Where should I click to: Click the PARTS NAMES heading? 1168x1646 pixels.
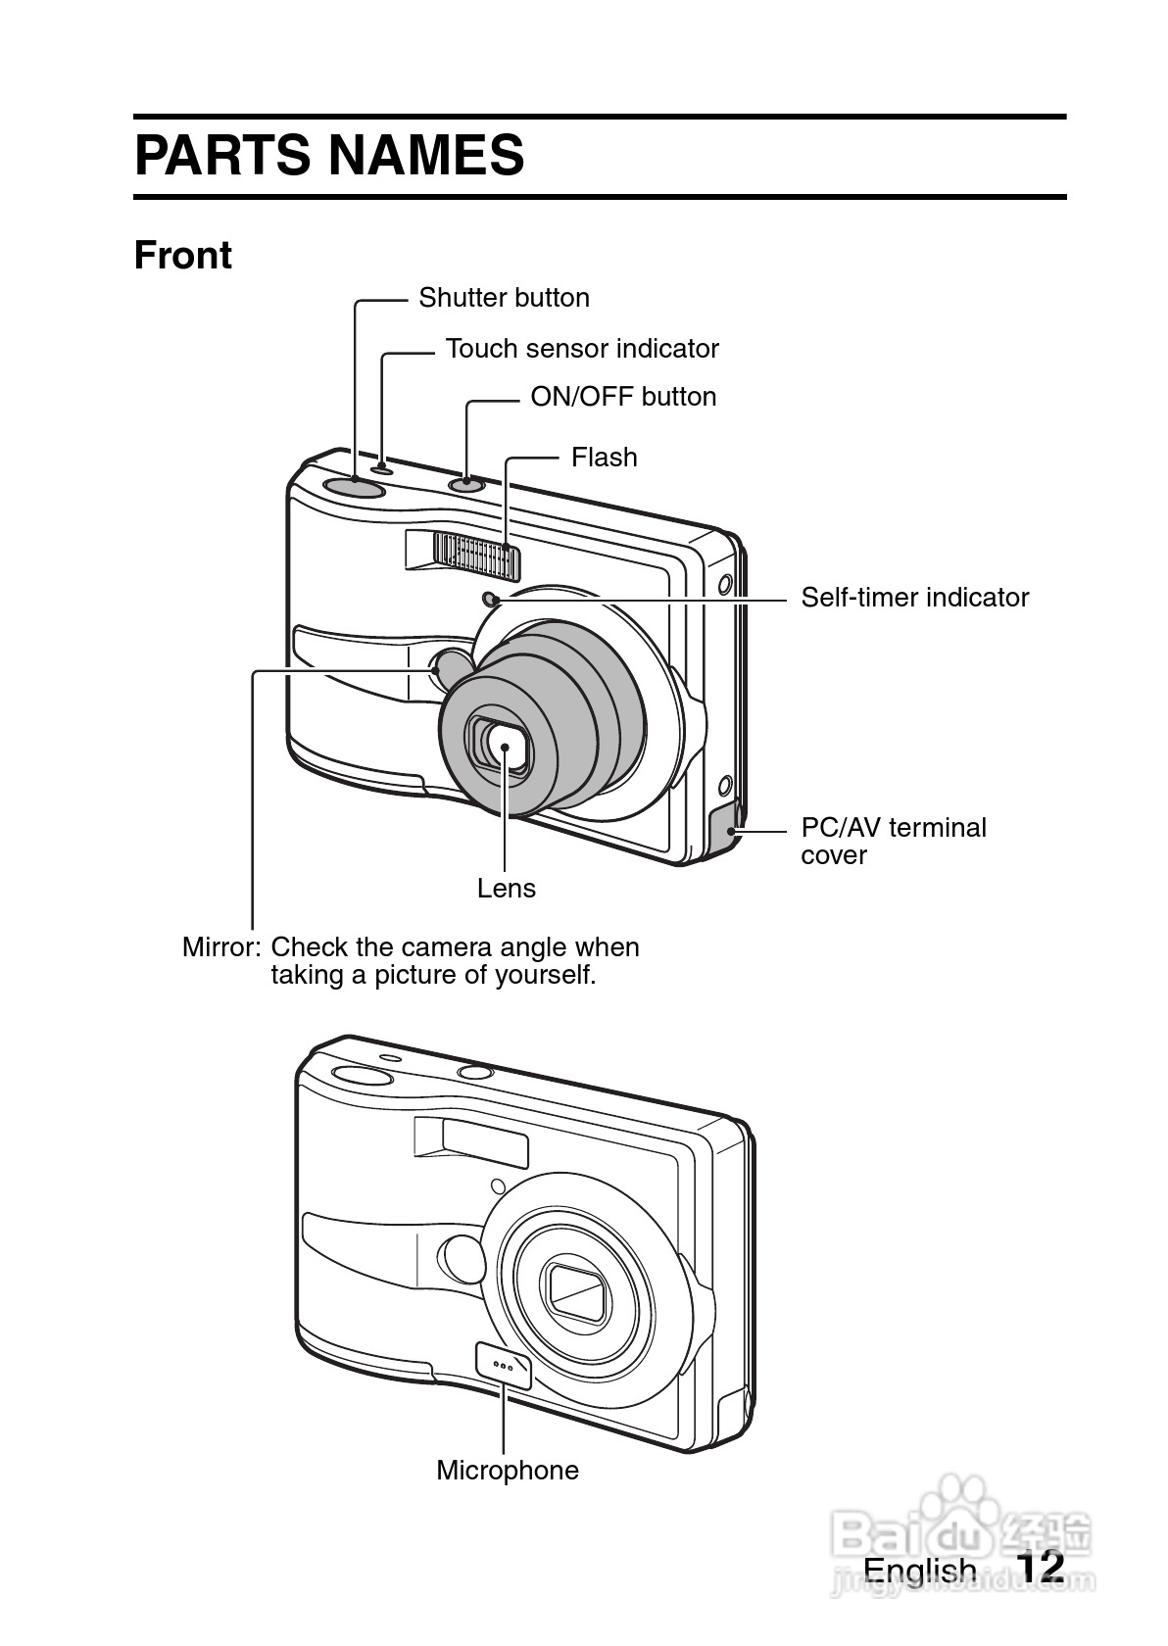coord(329,155)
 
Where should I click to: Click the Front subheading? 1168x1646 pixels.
coord(183,256)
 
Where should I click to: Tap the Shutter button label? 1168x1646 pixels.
coord(505,298)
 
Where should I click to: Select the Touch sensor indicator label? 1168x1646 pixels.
coord(582,349)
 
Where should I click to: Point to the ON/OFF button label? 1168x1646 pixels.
coord(623,397)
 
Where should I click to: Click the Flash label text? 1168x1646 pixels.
coord(605,457)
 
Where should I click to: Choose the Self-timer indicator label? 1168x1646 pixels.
coord(915,598)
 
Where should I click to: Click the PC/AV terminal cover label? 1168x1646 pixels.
coord(894,842)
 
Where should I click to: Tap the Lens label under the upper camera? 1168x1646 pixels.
coord(507,889)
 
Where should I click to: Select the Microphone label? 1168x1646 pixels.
coord(508,1471)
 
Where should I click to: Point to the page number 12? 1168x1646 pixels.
coord(1040,1566)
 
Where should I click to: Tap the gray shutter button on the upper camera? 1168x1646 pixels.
coord(354,486)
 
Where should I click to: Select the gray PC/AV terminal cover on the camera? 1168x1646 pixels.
coord(725,828)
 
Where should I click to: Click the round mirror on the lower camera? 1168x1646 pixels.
coord(462,1257)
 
